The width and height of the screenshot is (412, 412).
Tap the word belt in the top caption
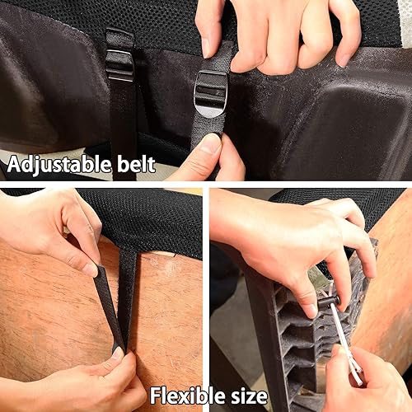click(x=137, y=163)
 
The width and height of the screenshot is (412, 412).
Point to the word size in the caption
click(x=246, y=396)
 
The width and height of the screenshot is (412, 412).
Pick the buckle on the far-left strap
click(x=119, y=65)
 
